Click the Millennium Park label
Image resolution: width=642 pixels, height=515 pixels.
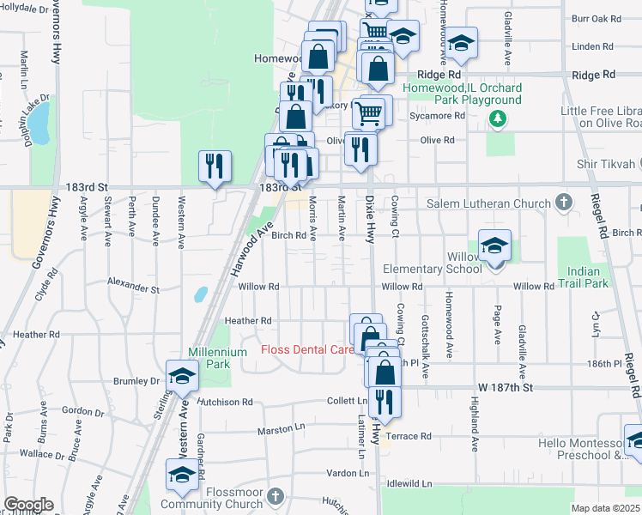tap(209, 358)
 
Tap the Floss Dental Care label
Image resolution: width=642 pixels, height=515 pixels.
tap(307, 349)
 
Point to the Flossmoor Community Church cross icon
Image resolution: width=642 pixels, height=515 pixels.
tap(275, 496)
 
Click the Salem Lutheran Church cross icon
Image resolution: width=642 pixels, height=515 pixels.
tap(563, 203)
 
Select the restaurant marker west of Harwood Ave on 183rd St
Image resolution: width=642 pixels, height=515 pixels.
tap(215, 166)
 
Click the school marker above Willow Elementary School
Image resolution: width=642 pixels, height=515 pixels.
tap(495, 246)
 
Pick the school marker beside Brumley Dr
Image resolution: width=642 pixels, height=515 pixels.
tap(182, 377)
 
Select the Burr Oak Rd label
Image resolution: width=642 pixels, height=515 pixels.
tap(595, 18)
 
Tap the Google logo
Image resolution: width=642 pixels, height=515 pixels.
tap(28, 505)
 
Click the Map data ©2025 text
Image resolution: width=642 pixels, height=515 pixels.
tap(604, 508)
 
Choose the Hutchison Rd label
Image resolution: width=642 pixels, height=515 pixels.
tap(225, 401)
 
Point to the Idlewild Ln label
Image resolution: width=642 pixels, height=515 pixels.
tap(409, 484)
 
